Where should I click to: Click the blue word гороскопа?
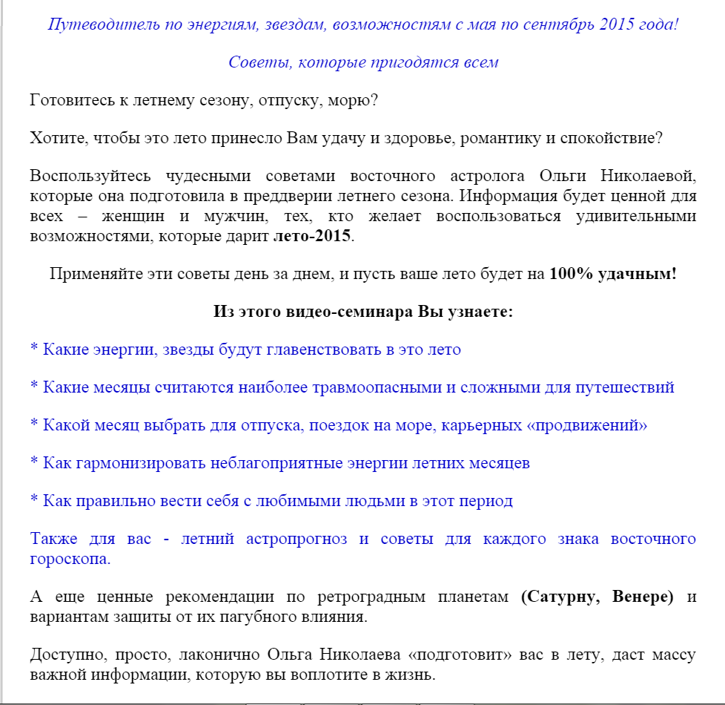pos(70,559)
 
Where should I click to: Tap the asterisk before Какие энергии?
pos(34,350)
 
